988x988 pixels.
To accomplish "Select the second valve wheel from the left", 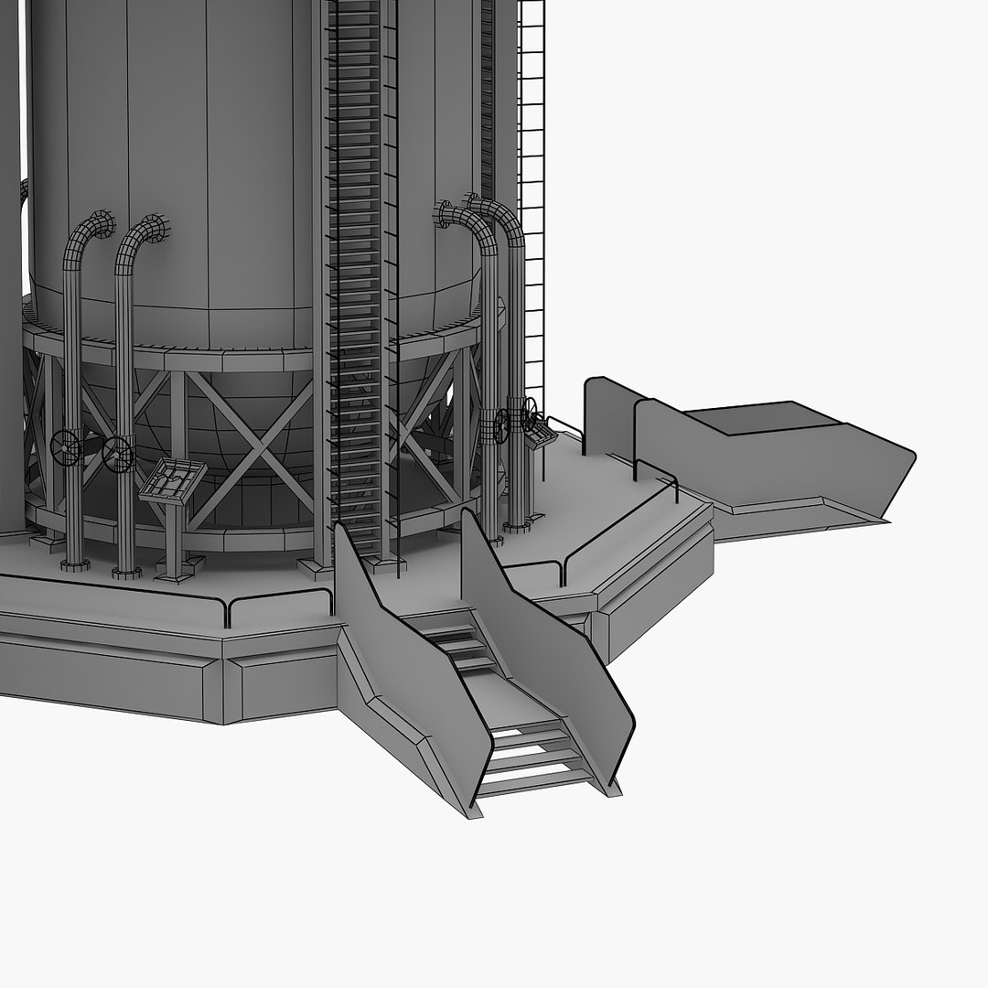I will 118,454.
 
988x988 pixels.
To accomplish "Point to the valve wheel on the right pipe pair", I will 528,416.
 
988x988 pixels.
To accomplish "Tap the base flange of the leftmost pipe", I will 74,561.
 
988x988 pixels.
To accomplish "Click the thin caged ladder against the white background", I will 532,183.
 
